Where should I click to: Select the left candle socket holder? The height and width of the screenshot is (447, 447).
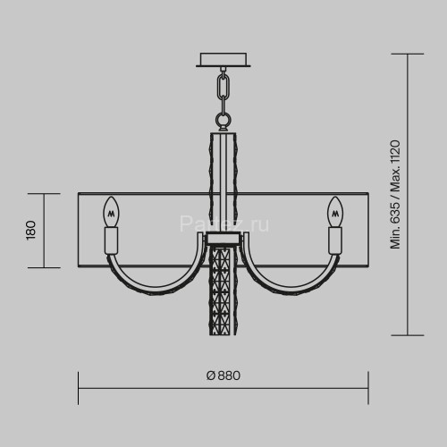point(112,240)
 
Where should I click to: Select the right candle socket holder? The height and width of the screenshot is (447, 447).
point(335,240)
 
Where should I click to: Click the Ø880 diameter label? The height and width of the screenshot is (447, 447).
point(223,375)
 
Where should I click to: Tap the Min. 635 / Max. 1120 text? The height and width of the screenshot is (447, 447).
point(395,194)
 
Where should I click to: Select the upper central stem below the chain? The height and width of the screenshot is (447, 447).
point(223,179)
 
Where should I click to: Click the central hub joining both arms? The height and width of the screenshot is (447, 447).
point(223,239)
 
